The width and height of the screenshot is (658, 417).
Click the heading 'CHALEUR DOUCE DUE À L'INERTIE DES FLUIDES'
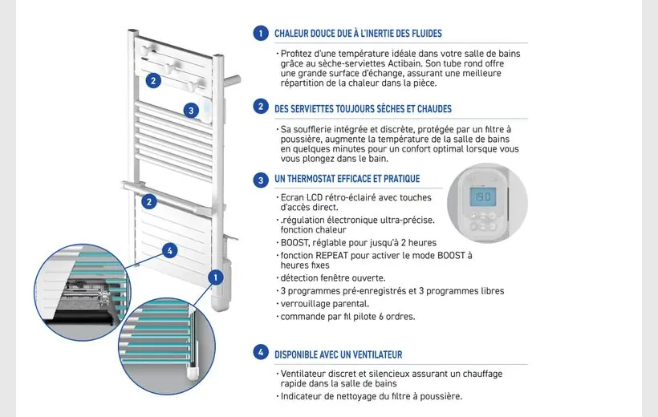click(358, 34)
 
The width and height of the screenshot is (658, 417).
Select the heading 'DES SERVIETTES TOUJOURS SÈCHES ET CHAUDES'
click(363, 108)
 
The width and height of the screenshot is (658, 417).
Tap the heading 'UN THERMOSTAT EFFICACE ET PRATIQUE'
click(347, 179)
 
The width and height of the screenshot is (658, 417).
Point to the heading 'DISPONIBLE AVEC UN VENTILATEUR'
click(338, 354)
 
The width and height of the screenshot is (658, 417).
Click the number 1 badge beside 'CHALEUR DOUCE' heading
click(260, 34)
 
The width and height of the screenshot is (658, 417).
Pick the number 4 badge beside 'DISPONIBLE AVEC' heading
click(260, 352)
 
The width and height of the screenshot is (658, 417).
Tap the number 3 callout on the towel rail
click(190, 111)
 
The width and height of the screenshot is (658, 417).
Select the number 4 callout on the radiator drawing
click(169, 250)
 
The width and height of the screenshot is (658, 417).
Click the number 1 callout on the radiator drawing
click(214, 277)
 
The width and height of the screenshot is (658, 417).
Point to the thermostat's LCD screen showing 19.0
click(481, 196)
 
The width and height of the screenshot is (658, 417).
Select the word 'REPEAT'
click(348, 255)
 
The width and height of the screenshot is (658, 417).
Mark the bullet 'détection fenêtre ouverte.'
click(331, 277)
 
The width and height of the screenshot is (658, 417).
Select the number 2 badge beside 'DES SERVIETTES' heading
click(260, 107)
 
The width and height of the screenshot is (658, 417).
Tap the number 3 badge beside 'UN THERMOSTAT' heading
click(260, 180)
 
